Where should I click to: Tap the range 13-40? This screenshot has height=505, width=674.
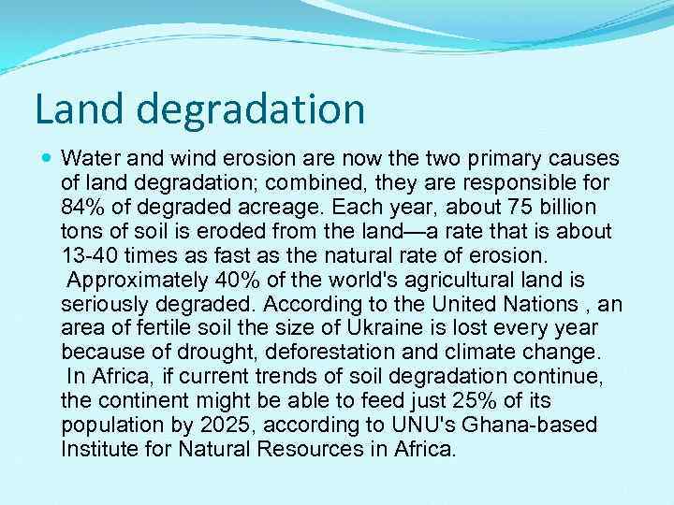coord(89,255)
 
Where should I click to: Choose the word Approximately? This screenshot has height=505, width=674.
coord(132,280)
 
